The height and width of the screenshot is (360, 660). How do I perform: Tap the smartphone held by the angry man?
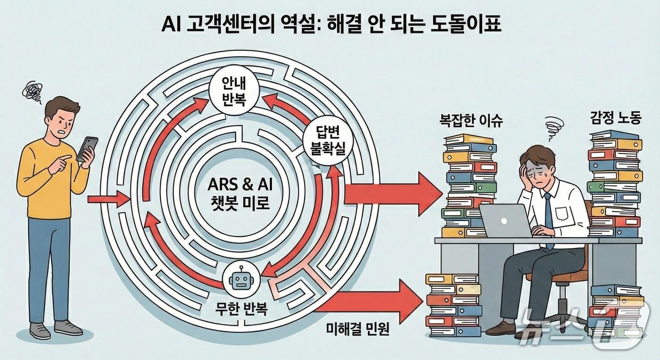pyautogui.click(x=87, y=148)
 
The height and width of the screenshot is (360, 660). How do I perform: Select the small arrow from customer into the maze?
pyautogui.click(x=109, y=200)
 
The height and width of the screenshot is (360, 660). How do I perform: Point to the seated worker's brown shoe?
pyautogui.click(x=501, y=327)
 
